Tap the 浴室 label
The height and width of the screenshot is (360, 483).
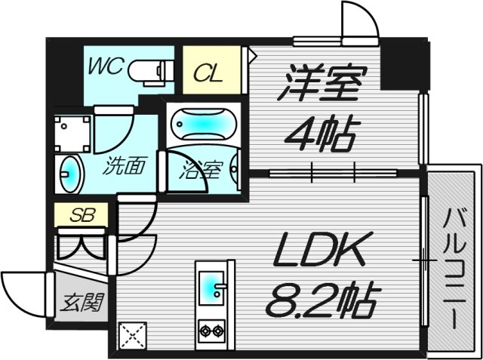[200, 169]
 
